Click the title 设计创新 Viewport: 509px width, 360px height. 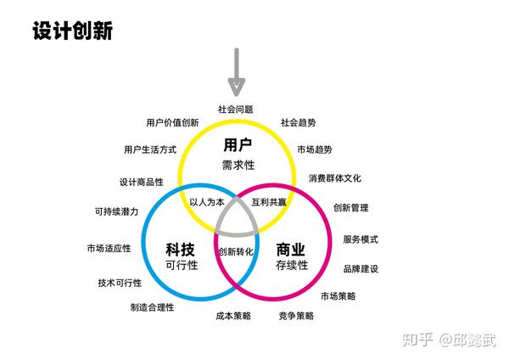pos(72,31)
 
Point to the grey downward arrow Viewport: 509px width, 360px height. pos(237,71)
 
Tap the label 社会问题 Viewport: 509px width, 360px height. pos(235,110)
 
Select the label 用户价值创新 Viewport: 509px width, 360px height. pos(172,122)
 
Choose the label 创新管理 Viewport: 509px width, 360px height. pos(351,208)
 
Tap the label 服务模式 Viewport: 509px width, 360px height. pos(361,239)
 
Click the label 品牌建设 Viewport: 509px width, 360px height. pos(361,269)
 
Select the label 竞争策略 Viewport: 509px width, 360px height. pos(295,316)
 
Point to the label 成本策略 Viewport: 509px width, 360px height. pos(233,316)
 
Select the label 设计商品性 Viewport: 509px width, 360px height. pos(142,182)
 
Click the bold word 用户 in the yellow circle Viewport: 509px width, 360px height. pos(238,144)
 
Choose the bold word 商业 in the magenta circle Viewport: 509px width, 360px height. pos(291,250)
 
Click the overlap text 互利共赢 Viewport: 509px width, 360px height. pos(270,203)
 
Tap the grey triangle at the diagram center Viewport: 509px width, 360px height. pos(237,219)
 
